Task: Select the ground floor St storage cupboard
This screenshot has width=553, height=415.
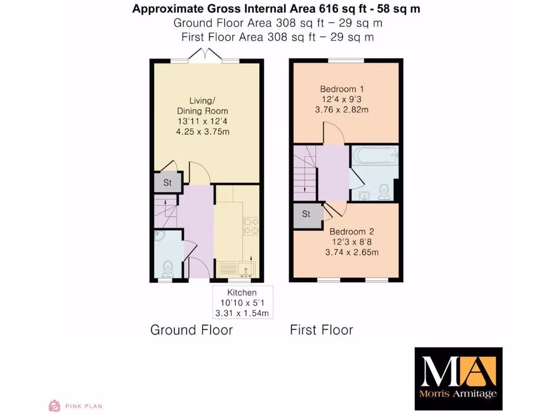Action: point(167,183)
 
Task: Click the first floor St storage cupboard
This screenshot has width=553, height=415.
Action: point(306,214)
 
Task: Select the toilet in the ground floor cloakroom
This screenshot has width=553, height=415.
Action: point(168,267)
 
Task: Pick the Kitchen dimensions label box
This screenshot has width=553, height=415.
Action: point(241,303)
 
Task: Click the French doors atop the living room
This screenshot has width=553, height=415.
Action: point(205,55)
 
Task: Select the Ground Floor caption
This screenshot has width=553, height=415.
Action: point(191,330)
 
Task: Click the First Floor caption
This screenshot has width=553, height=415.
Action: point(321,330)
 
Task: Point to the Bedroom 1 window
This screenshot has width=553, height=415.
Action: point(346,60)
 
